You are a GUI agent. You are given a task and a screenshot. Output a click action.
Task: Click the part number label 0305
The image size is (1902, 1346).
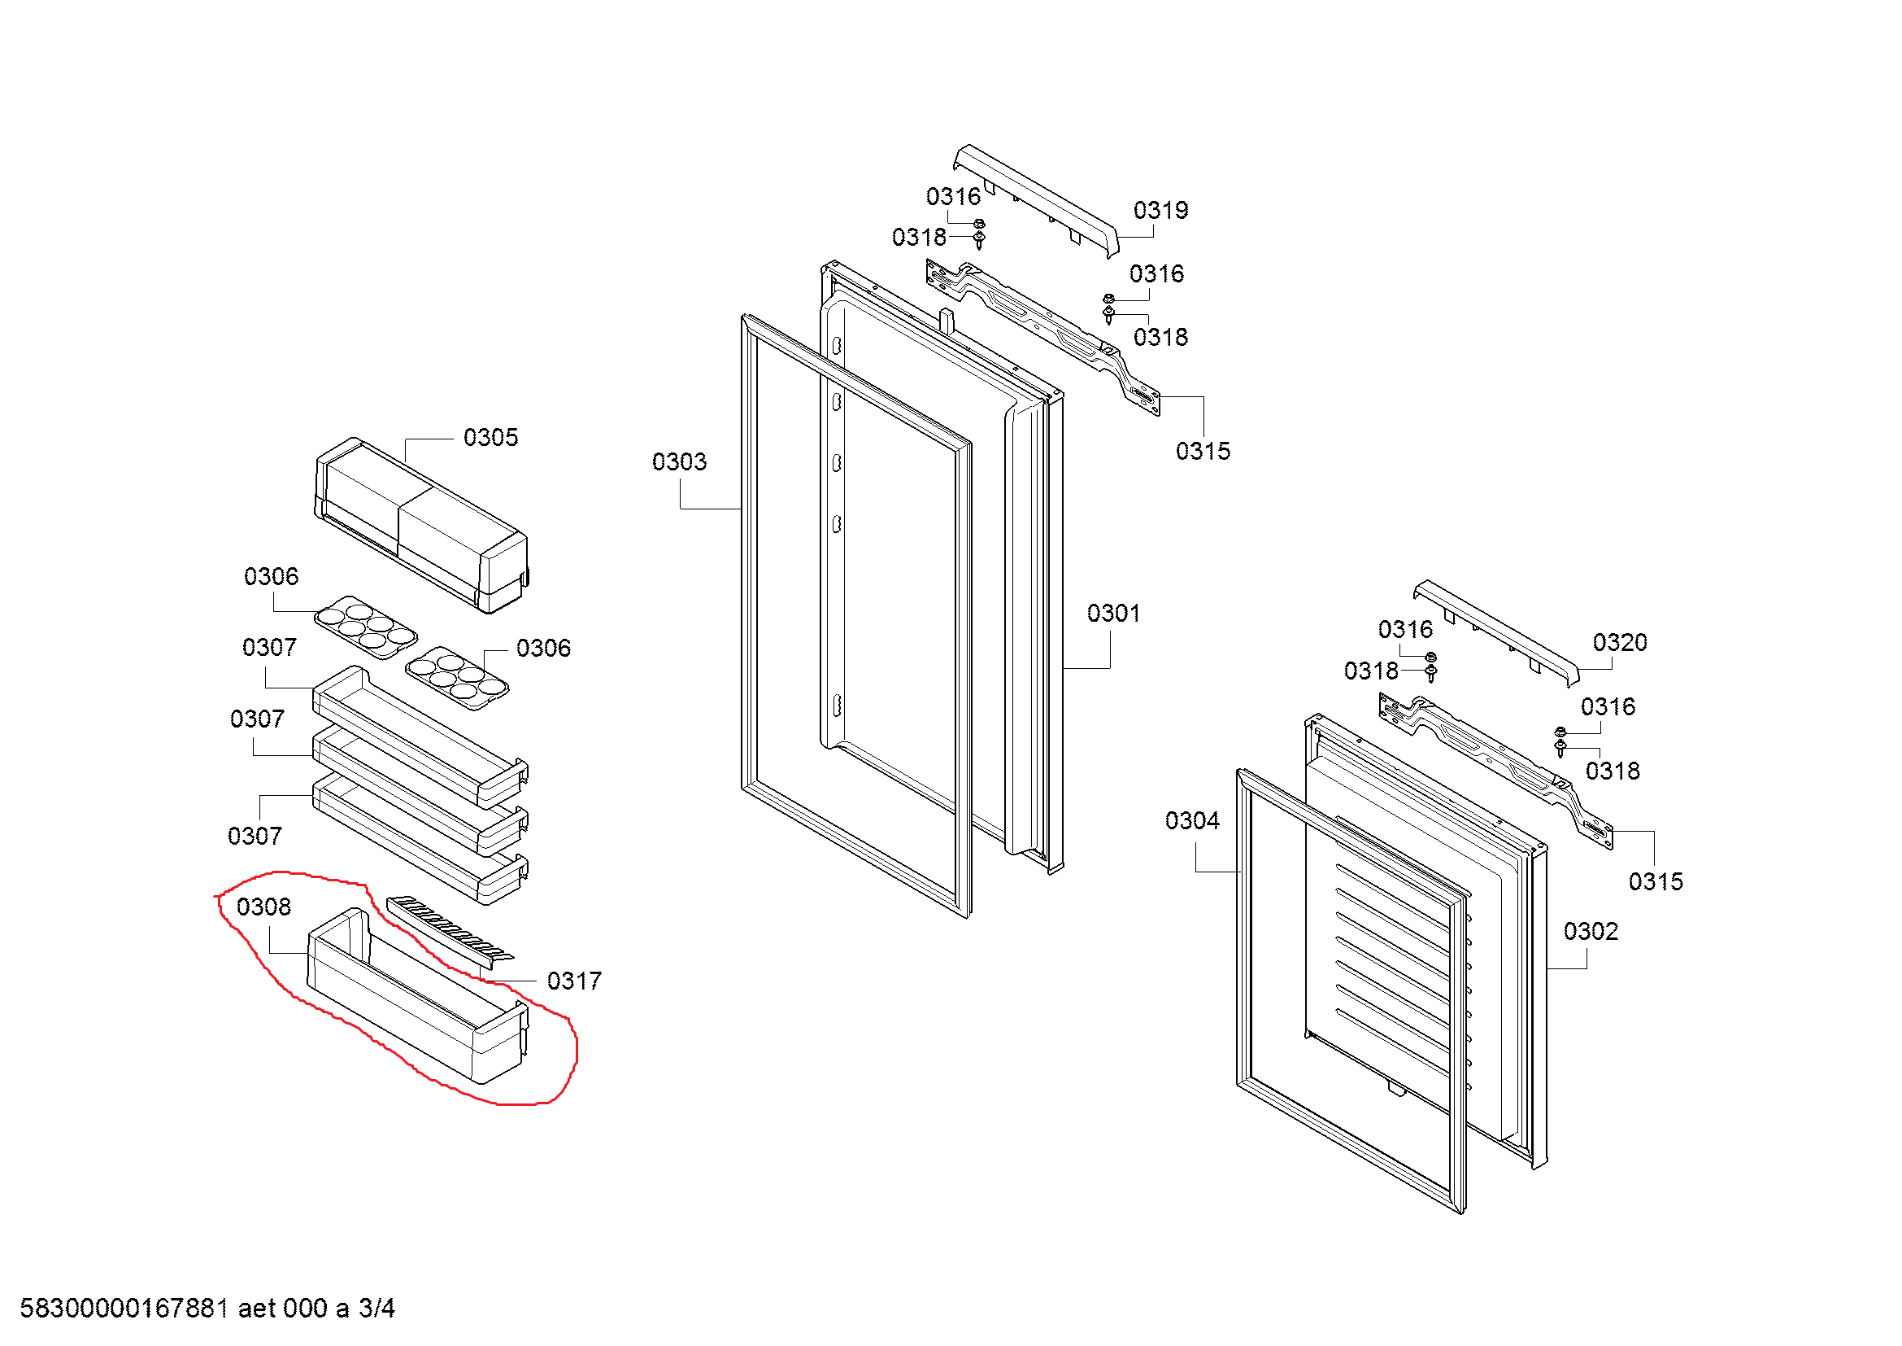pyautogui.click(x=490, y=438)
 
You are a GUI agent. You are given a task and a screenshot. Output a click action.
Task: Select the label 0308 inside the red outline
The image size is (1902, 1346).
pyautogui.click(x=263, y=907)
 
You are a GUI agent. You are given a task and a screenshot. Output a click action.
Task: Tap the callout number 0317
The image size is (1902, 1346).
pyautogui.click(x=574, y=981)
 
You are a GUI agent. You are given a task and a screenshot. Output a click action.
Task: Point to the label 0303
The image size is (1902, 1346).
pyautogui.click(x=679, y=461)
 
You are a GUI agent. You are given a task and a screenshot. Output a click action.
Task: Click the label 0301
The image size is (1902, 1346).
pyautogui.click(x=1113, y=614)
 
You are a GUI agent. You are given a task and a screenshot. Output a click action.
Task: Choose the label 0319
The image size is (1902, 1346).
pyautogui.click(x=1160, y=211)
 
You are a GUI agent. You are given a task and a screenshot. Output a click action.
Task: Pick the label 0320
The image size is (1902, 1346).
pyautogui.click(x=1620, y=642)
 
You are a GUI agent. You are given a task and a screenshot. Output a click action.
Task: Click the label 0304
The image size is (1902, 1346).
pyautogui.click(x=1192, y=820)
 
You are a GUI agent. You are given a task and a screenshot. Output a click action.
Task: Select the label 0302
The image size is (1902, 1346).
pyautogui.click(x=1591, y=932)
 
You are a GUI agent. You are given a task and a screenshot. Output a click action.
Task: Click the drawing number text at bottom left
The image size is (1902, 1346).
pyautogui.click(x=207, y=1308)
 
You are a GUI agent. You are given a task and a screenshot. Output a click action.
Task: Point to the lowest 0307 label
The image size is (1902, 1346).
pyautogui.click(x=255, y=836)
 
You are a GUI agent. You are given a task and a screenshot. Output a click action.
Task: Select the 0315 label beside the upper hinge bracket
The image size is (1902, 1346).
pyautogui.click(x=1203, y=452)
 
